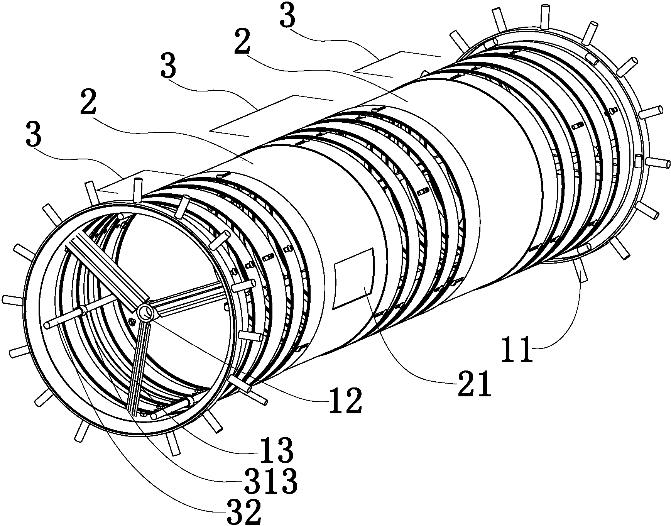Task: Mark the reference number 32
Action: (244, 512)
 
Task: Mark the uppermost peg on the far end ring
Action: (545, 17)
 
